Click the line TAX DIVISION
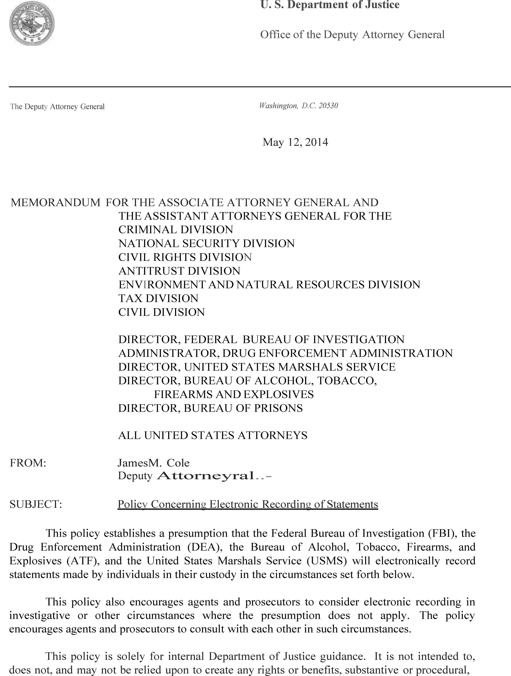(158, 298)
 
